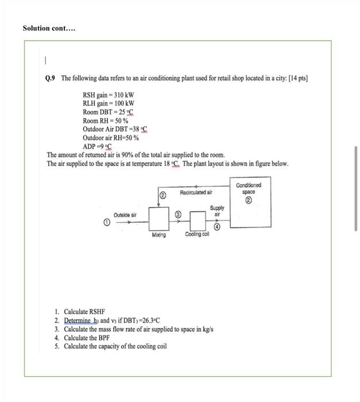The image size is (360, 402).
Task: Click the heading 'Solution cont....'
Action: [49, 28]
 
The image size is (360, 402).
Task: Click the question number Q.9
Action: [52, 78]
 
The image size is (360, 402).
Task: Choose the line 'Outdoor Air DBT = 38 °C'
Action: [115, 129]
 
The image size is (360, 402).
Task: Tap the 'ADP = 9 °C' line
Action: [97, 146]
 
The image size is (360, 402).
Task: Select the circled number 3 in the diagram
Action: [179, 214]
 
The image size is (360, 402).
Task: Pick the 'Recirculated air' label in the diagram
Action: [196, 192]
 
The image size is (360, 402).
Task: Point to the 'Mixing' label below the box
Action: [158, 235]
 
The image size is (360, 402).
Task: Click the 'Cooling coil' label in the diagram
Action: [197, 235]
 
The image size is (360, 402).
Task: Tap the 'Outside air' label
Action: [125, 215]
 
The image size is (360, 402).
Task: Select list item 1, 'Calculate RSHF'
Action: [84, 311]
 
